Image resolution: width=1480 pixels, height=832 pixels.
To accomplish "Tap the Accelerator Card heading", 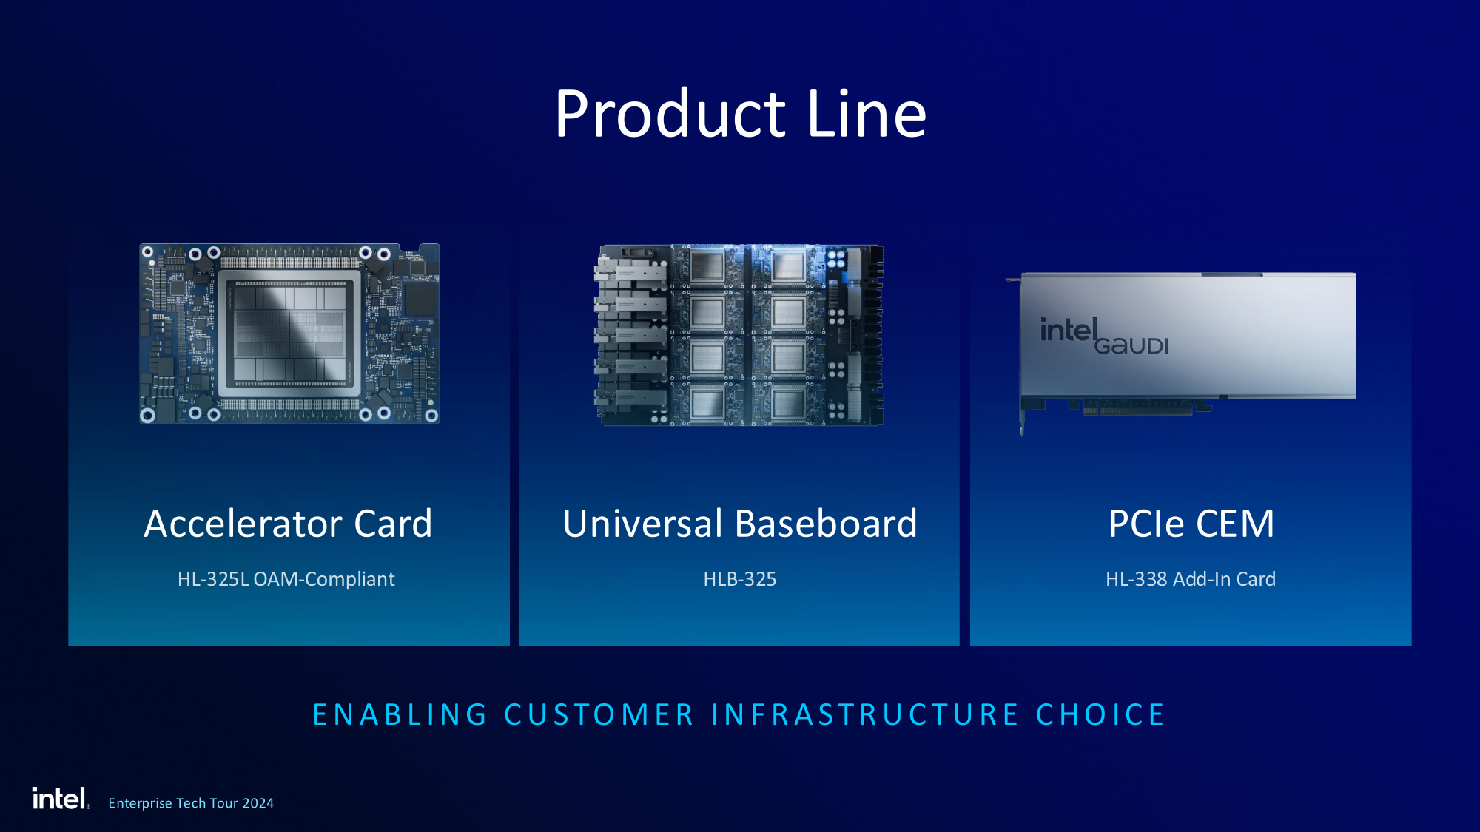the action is pyautogui.click(x=288, y=524).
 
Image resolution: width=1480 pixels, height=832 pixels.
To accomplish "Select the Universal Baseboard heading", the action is pyautogui.click(x=740, y=524).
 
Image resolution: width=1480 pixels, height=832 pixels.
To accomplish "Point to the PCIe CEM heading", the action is pyautogui.click(x=1191, y=524).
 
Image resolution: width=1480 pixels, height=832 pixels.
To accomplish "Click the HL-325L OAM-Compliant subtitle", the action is pyautogui.click(x=286, y=579).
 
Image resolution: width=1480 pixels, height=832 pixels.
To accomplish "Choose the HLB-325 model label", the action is pyautogui.click(x=740, y=579).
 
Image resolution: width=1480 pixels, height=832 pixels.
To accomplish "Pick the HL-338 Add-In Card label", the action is pyautogui.click(x=1191, y=579).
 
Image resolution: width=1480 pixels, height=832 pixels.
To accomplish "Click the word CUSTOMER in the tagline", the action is pyautogui.click(x=599, y=715).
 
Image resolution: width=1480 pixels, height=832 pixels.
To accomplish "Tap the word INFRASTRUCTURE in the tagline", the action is pyautogui.click(x=865, y=715).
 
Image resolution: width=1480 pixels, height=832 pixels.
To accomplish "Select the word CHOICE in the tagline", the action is pyautogui.click(x=1100, y=715).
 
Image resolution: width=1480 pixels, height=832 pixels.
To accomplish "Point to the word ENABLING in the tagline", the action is pyautogui.click(x=400, y=715).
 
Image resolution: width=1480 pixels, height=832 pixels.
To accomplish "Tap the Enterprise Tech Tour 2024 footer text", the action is pyautogui.click(x=191, y=803).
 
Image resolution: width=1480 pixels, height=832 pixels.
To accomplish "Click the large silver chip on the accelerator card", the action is pyautogui.click(x=289, y=334).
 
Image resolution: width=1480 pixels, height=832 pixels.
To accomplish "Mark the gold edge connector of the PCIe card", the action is pyautogui.click(x=1138, y=408).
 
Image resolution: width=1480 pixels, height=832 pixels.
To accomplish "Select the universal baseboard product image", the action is pyautogui.click(x=739, y=335).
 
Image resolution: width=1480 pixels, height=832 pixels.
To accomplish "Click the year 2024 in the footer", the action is pyautogui.click(x=258, y=803).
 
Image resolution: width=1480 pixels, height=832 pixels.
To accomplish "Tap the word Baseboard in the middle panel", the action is pyautogui.click(x=827, y=524).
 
